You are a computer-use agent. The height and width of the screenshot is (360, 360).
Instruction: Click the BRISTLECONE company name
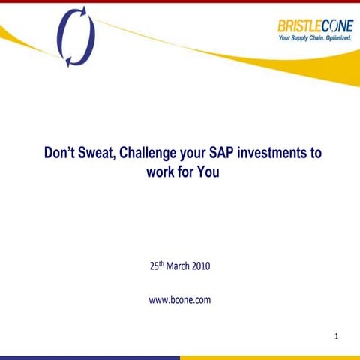(x=314, y=25)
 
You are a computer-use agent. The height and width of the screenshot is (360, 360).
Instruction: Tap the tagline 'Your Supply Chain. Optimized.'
(x=315, y=37)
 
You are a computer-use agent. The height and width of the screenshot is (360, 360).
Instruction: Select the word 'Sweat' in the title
(x=99, y=154)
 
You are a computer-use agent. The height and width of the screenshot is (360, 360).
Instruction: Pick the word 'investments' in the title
(x=274, y=154)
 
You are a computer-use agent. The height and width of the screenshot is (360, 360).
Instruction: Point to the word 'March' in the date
(x=176, y=265)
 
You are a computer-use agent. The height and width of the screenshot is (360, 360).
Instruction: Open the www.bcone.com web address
(x=180, y=299)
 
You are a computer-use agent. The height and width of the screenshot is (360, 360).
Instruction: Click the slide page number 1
(x=337, y=337)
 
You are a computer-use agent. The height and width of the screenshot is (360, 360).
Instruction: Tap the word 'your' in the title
(x=196, y=154)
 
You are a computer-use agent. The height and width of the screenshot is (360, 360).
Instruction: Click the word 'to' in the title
(x=315, y=154)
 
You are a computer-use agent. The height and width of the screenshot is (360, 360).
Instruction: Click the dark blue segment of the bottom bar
(x=90, y=357)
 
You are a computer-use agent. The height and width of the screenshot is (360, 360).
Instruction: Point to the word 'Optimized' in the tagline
(x=336, y=37)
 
